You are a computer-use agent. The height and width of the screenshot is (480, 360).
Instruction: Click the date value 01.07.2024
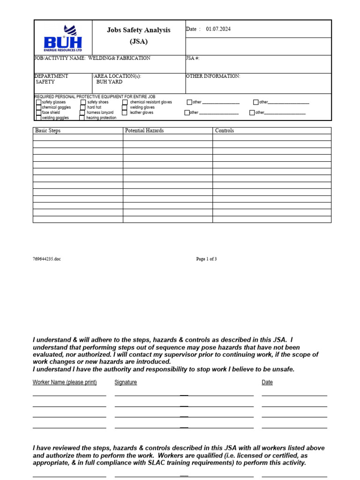(218, 29)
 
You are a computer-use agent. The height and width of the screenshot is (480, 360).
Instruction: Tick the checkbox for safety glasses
(38, 102)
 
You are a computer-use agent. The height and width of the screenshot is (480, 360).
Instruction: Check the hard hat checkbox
(83, 107)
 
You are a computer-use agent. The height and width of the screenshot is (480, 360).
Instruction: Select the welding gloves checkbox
(125, 107)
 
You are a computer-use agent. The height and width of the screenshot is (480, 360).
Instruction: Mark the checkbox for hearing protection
(82, 118)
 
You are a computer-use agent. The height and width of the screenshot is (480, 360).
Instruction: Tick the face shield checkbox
(38, 113)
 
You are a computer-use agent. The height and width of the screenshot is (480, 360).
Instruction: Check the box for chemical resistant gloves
(125, 102)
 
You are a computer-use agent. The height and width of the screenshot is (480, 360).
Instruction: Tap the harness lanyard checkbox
(82, 113)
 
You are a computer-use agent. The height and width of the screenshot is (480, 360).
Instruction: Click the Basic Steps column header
(48, 131)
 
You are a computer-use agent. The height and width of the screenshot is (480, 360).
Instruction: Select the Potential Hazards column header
(144, 131)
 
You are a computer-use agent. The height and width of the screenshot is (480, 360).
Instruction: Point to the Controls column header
(224, 131)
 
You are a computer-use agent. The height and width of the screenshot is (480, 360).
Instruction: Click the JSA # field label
(193, 59)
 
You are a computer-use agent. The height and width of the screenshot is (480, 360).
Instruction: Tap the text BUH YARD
(109, 82)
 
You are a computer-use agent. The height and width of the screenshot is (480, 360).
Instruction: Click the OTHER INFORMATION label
(213, 76)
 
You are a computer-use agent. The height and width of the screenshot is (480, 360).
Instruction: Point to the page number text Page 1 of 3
(206, 259)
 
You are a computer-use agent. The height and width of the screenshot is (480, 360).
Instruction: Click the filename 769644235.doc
(47, 259)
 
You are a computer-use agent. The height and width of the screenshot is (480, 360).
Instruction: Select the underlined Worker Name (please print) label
(65, 382)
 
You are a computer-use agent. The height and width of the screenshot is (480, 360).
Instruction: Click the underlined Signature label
(126, 382)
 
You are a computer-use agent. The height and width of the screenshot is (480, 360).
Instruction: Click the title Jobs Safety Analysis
(139, 30)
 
